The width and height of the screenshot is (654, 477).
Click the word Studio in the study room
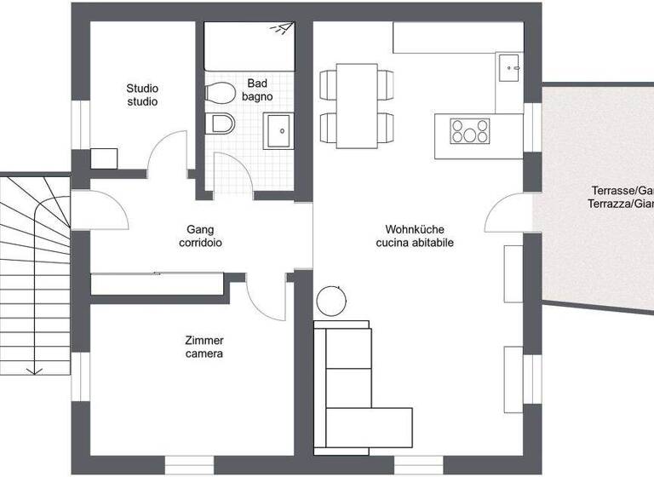point(142,89)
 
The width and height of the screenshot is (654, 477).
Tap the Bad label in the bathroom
point(257,83)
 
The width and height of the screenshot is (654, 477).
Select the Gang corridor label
point(201,229)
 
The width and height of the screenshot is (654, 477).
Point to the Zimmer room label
point(204,340)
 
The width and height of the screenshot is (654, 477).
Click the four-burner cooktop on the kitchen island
point(470,131)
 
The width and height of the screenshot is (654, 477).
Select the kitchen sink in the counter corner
point(509,65)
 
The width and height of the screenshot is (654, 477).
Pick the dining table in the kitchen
point(357,104)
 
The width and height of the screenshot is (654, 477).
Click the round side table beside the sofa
point(330,300)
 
